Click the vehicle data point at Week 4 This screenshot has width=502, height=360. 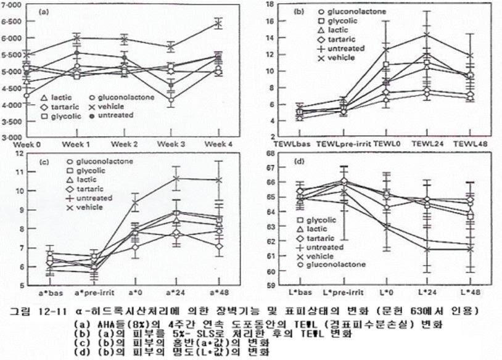[218, 23]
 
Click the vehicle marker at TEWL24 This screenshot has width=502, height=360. [424, 35]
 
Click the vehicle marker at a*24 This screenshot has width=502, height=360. [176, 179]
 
